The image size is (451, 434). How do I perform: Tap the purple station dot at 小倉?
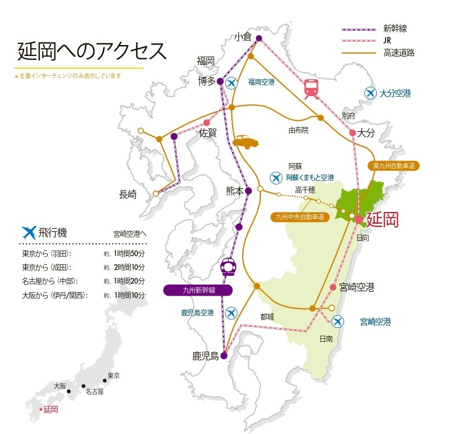[x=259, y=38]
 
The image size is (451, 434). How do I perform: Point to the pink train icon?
[x=311, y=88]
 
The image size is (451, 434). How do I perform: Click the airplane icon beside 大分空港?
[x=371, y=93]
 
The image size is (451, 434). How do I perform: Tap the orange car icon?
[x=245, y=142]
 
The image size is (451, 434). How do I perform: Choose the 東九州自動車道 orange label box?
[x=393, y=165]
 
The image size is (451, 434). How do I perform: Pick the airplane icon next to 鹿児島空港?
[x=230, y=313]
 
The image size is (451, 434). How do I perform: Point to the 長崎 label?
[x=131, y=194]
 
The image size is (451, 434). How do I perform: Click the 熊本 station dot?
[x=248, y=191]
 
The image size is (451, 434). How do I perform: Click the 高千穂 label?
[x=305, y=190]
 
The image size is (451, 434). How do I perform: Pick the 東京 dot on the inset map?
[x=105, y=380]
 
